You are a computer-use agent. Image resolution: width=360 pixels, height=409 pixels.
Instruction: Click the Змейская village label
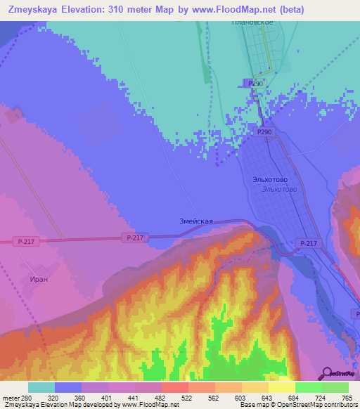[196, 221]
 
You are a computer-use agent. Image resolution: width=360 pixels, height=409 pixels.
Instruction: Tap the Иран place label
[39, 279]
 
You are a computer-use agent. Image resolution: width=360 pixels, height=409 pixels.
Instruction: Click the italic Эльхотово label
[279, 190]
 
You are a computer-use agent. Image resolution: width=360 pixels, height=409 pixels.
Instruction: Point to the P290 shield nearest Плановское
[255, 83]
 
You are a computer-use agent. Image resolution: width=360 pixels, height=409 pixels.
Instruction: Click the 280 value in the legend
[27, 397]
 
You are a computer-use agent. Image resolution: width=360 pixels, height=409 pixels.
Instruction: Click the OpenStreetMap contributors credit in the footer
[309, 405]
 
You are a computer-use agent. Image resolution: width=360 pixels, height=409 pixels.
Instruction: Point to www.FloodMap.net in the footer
[149, 405]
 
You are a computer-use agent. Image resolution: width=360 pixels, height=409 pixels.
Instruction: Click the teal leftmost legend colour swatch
[41, 387]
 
